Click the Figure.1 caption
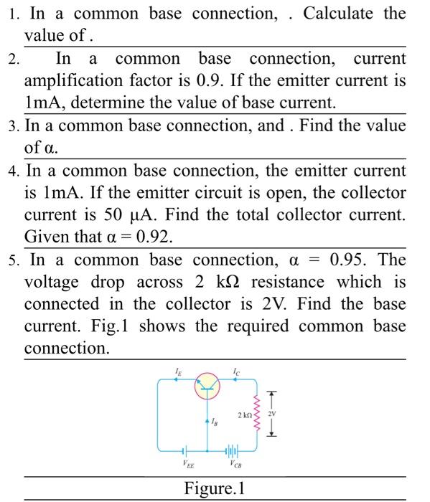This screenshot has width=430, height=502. pyautogui.click(x=215, y=489)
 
